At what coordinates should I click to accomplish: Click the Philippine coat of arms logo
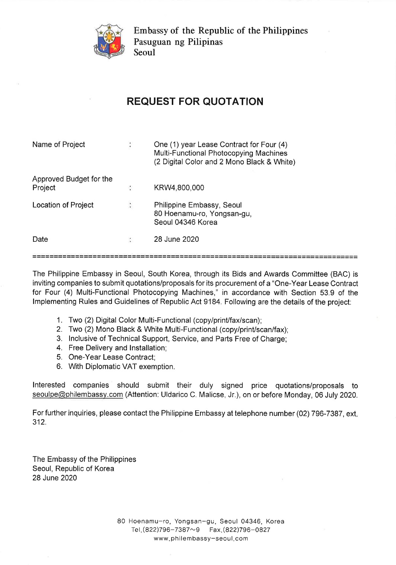pos(109,41)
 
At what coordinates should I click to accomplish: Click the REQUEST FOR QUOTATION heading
pos(195,102)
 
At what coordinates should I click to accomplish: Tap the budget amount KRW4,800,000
pos(179,188)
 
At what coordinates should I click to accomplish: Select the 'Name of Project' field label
pos(58,145)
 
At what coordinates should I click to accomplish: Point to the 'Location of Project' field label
pos(63,205)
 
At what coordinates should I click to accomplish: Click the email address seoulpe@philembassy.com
pos(77,395)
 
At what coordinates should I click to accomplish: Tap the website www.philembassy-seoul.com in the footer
pos(201,539)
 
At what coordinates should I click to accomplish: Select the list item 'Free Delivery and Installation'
pos(117,348)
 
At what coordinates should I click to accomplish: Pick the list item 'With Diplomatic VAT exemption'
pos(121,367)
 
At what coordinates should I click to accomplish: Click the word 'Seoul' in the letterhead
pos(144,52)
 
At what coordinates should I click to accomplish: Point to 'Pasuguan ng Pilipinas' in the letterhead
pos(178,42)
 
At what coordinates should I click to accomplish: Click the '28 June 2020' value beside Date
pos(176,240)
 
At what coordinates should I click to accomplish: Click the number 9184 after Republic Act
pos(212,302)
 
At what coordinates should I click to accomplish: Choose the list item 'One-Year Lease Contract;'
pos(112,357)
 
